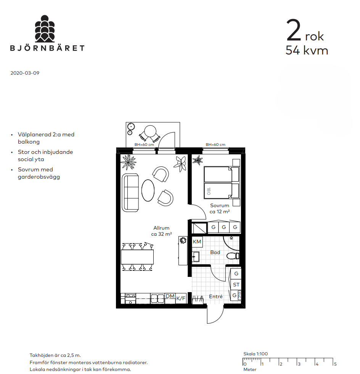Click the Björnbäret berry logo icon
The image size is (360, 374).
[x=45, y=29]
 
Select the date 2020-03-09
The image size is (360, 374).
[x=25, y=73]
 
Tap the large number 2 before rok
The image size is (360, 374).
[x=294, y=30]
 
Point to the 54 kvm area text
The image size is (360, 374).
[x=307, y=50]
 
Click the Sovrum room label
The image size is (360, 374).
[x=220, y=205]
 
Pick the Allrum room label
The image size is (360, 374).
[x=161, y=228]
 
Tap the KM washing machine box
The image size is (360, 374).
[x=197, y=242]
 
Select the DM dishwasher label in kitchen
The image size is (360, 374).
[x=170, y=296]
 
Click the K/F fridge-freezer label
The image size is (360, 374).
[x=181, y=298]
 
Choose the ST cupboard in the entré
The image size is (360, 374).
[x=236, y=284]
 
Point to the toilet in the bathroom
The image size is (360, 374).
[x=233, y=256]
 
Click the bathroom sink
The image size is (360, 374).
[x=196, y=257]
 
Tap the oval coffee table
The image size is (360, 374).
[x=148, y=190]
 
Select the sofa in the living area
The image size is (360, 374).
[x=130, y=193]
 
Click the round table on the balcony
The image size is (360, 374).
[x=150, y=131]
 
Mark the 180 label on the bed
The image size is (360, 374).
[x=209, y=191]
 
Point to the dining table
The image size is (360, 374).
[x=137, y=257]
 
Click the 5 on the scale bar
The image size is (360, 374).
[x=335, y=364]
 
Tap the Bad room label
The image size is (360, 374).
[x=215, y=253]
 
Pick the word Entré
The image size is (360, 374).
[x=216, y=296]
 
